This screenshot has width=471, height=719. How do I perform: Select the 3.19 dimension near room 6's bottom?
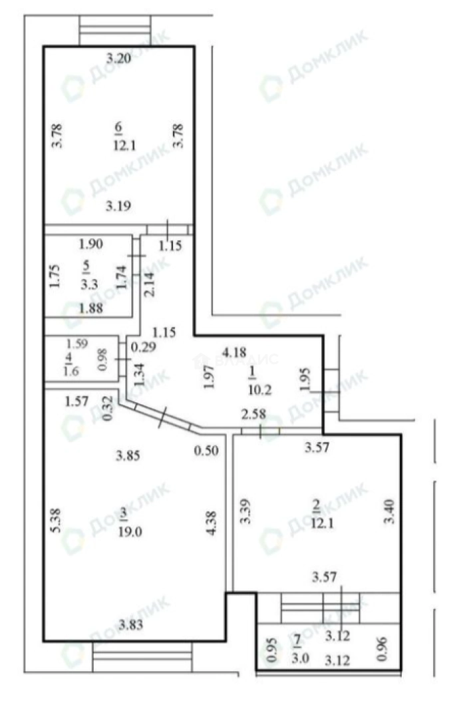tap(118, 206)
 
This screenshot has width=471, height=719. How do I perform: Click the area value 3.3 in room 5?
tap(88, 284)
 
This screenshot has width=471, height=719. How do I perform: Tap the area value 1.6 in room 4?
tap(70, 372)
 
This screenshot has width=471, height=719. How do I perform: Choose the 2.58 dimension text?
tap(253, 415)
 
